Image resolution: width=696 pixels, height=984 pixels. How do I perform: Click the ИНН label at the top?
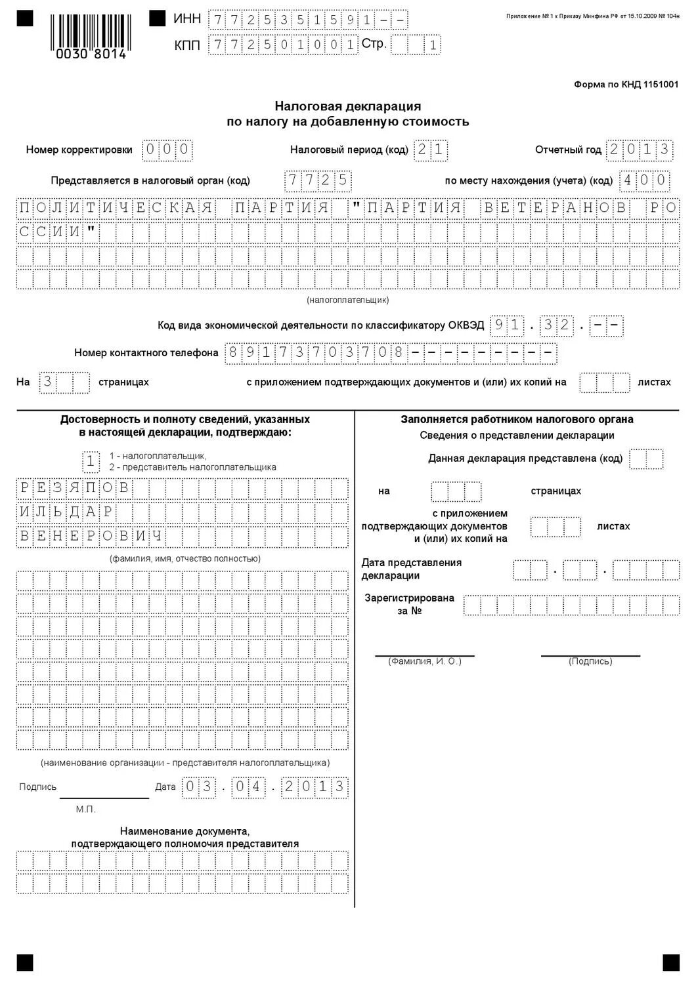[187, 19]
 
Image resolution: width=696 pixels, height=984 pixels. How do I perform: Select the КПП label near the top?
[187, 45]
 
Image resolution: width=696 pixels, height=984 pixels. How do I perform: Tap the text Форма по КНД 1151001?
[626, 85]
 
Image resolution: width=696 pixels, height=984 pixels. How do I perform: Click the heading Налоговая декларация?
[347, 106]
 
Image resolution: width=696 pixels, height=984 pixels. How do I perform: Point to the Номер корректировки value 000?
[167, 150]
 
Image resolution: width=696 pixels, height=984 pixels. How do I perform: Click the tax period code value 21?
[431, 150]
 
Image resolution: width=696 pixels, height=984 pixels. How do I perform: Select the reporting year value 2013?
[640, 150]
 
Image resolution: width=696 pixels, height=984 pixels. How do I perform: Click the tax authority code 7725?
[318, 180]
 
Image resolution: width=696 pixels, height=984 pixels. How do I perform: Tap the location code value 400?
[644, 180]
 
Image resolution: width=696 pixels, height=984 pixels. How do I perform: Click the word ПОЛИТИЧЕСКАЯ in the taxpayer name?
[116, 209]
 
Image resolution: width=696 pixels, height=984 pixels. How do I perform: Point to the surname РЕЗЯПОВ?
[74, 488]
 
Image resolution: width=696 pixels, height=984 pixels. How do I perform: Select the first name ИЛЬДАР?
[66, 512]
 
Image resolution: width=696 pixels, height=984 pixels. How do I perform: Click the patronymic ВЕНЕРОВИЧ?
[91, 537]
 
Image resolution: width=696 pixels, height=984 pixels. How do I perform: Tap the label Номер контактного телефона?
[146, 353]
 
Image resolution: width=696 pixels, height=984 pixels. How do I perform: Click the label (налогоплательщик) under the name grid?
[347, 300]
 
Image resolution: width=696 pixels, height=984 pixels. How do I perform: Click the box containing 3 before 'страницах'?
[47, 382]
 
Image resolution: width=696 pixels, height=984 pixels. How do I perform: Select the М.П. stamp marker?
[85, 810]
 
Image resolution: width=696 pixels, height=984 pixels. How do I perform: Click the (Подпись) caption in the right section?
[590, 661]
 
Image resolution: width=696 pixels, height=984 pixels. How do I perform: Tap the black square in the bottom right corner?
[670, 962]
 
